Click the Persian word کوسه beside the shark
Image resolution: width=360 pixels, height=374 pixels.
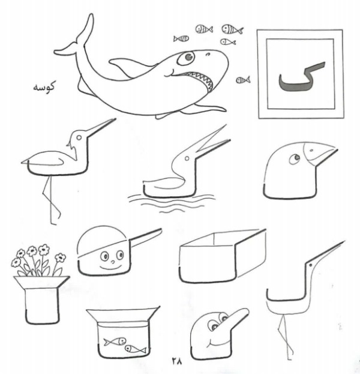44,86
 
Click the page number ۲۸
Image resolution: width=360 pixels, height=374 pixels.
176,361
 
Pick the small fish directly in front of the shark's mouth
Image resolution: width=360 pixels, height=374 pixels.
243,80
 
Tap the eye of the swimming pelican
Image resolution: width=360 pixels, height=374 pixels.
187,158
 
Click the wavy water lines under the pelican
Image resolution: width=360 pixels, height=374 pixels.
171,204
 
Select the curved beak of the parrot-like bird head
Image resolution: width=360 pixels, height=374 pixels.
320,152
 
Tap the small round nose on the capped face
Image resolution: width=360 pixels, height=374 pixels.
113,262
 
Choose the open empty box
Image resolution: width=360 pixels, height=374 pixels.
223,256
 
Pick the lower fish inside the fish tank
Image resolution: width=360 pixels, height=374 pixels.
136,349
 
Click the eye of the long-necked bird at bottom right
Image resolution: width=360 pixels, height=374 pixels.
310,265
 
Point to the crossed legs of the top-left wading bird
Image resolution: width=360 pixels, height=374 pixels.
51,201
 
